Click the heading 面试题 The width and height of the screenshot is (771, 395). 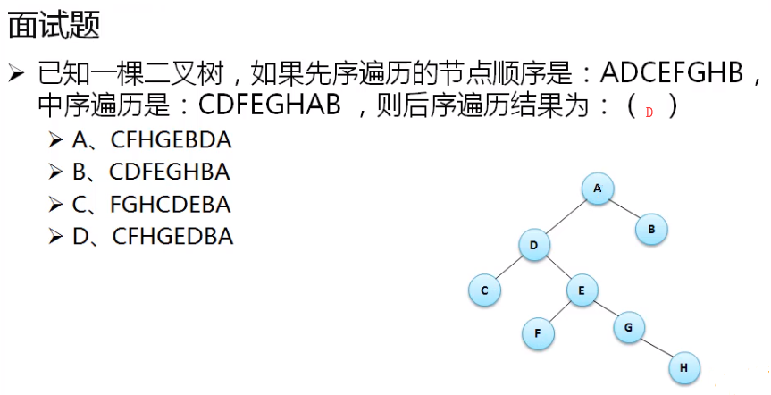tap(54, 25)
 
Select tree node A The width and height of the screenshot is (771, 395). tap(598, 188)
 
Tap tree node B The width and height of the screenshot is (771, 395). tap(651, 230)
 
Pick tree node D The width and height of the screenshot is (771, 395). tap(534, 245)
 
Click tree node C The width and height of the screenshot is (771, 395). tap(484, 290)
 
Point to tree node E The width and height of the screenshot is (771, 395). tap(582, 290)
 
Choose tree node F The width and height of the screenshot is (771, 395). tap(538, 333)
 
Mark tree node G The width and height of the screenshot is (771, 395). tap(629, 327)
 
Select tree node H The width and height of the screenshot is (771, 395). tap(683, 367)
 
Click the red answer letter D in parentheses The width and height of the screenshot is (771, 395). tap(649, 113)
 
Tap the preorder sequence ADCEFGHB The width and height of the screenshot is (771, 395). tap(672, 72)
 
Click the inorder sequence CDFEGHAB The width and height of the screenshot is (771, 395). tap(270, 105)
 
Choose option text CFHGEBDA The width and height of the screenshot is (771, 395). tap(172, 140)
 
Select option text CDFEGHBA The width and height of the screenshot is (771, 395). tap(170, 172)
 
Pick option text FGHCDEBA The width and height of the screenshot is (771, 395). tap(170, 205)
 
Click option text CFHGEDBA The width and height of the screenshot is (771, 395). tap(172, 237)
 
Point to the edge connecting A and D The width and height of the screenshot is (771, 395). tap(566, 216)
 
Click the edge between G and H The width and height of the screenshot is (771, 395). tap(657, 348)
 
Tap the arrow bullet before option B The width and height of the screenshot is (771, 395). tap(55, 172)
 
